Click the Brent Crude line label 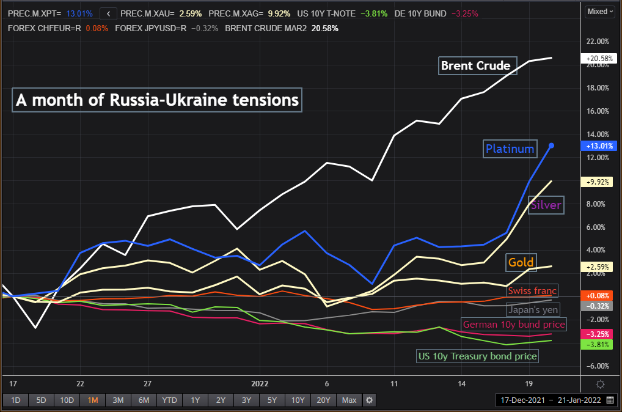click(478, 65)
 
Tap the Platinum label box click(510, 149)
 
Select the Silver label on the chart click(545, 205)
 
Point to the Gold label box click(520, 263)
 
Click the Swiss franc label click(533, 291)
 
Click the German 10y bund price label click(514, 324)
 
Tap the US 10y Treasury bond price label click(477, 356)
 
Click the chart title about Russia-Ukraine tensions click(157, 100)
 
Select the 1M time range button click(93, 400)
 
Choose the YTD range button click(169, 400)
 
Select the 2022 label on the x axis click(260, 384)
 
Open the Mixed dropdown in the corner click(599, 11)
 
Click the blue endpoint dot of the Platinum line click(552, 145)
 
